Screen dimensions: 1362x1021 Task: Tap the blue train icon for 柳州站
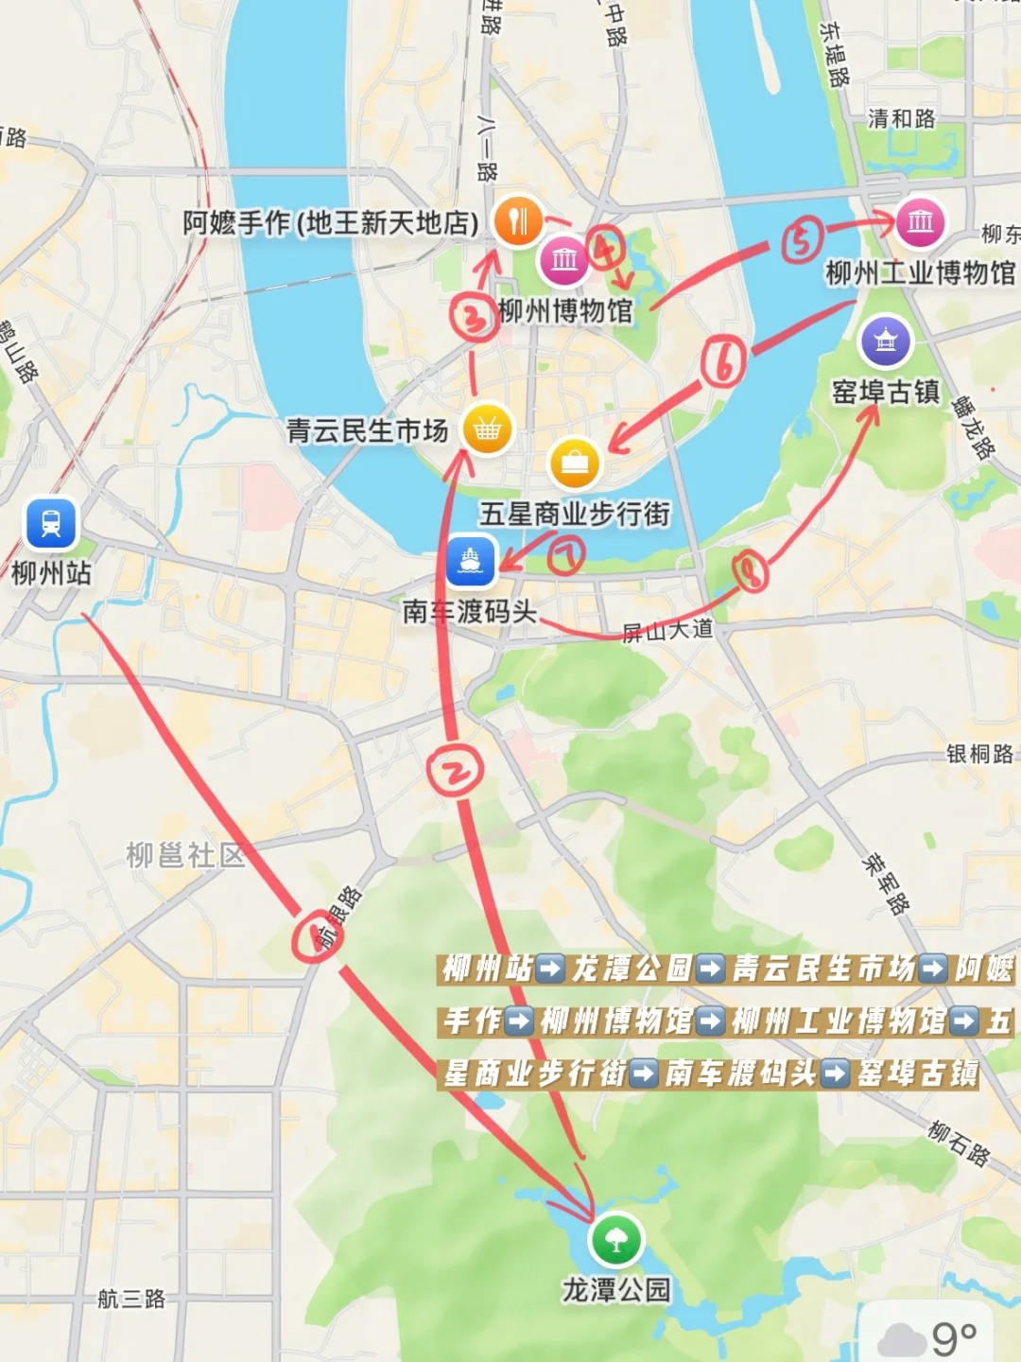coord(51,523)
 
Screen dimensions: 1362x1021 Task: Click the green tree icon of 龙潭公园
coord(615,1240)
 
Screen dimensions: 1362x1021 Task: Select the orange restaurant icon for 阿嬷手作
coord(518,221)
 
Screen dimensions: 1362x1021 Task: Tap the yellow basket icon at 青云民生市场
coord(487,429)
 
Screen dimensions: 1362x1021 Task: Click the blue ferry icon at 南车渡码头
coord(471,560)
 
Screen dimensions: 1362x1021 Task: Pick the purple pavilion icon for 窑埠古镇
coord(885,340)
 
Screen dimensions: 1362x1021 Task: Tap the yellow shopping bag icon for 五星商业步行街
coord(574,463)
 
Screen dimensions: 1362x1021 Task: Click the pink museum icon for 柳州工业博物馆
coord(919,222)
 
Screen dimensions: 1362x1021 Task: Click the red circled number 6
coord(724,362)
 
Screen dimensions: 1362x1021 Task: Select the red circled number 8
coord(750,571)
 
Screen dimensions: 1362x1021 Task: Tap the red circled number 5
coord(802,240)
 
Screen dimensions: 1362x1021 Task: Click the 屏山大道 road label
coord(667,630)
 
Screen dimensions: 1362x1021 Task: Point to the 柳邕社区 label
coord(185,855)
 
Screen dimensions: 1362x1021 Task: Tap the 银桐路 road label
coord(979,754)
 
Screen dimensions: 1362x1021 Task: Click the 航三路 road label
coord(131,1299)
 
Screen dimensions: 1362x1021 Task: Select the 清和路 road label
coord(901,118)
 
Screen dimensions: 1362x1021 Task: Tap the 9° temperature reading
coord(954,1337)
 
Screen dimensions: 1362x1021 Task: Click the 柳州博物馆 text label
coord(565,310)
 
